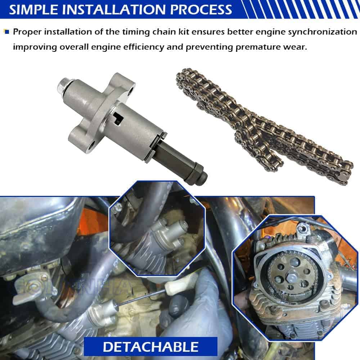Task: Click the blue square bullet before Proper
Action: pyautogui.click(x=7, y=32)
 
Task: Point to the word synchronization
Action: pyautogui.click(x=323, y=32)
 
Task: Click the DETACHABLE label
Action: pyautogui.click(x=150, y=346)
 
